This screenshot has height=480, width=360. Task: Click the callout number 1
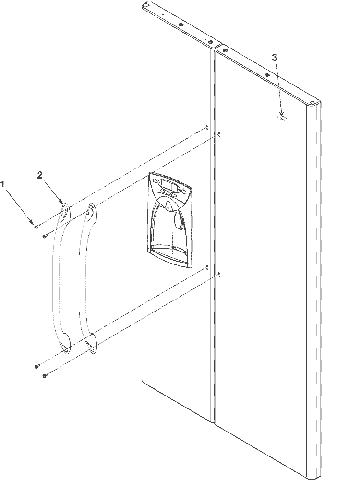coord(3,185)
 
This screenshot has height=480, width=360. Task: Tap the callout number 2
coord(40,175)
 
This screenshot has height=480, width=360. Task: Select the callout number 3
coord(275,57)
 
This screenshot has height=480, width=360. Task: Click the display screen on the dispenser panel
coord(168,185)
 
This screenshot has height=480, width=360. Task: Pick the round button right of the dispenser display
coord(184,192)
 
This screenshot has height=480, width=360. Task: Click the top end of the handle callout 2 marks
coord(65,211)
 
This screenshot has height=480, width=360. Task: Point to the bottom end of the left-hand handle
coord(65,347)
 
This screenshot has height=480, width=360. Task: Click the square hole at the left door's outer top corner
coord(147,5)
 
